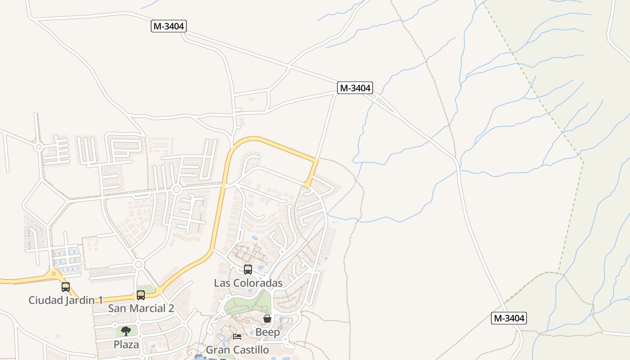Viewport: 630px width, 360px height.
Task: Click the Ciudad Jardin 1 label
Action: pyautogui.click(x=66, y=300)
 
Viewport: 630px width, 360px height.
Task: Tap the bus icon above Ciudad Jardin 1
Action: pyautogui.click(x=66, y=287)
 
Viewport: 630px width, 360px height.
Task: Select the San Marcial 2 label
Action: pyautogui.click(x=141, y=309)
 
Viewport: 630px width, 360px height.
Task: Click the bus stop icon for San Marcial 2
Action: pyautogui.click(x=141, y=295)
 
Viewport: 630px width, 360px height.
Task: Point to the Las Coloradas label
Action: pyautogui.click(x=248, y=283)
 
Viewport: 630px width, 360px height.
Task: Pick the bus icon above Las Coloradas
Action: pyautogui.click(x=248, y=270)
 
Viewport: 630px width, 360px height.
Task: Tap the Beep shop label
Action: pyautogui.click(x=267, y=332)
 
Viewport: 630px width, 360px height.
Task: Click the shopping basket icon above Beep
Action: pyautogui.click(x=267, y=319)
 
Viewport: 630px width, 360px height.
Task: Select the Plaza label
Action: pyautogui.click(x=126, y=345)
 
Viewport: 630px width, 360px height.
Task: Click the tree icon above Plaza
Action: pyautogui.click(x=126, y=331)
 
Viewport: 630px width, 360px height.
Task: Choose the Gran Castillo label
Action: pyautogui.click(x=237, y=350)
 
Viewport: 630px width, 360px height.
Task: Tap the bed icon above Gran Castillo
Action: pyautogui.click(x=237, y=336)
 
